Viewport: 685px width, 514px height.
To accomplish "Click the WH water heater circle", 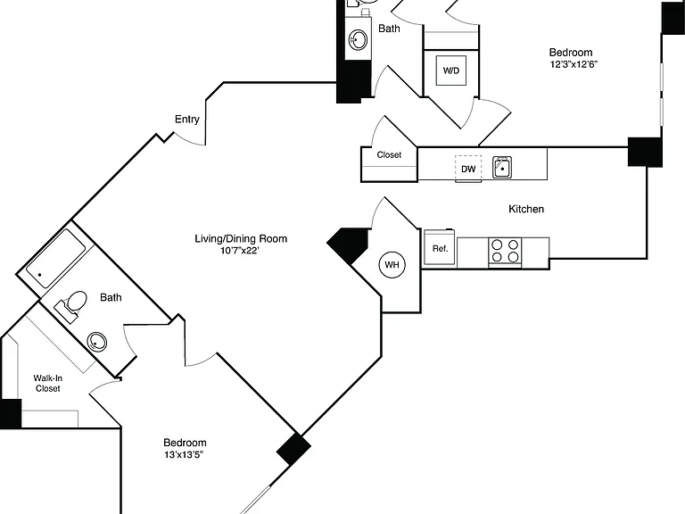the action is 392,264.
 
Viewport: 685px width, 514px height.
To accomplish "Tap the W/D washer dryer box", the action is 451,70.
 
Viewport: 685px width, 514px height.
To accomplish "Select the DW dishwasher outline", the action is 468,169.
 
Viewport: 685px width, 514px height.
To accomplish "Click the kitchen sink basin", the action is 502,168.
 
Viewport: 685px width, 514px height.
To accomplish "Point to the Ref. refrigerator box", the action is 441,248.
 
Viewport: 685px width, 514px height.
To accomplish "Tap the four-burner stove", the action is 505,251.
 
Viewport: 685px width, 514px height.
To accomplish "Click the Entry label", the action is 187,120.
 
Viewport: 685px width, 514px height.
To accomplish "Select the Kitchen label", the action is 526,209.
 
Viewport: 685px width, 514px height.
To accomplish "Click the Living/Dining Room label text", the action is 241,238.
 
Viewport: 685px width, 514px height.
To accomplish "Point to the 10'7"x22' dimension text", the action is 240,251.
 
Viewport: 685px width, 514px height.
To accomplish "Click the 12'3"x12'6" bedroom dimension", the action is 574,64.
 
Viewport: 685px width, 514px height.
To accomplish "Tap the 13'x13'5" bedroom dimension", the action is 184,454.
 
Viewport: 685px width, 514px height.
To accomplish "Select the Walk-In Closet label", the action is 47,384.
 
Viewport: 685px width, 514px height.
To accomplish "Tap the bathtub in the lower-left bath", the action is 55,258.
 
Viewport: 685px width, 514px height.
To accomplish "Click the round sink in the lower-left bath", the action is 97,342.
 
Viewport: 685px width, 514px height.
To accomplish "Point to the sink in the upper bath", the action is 358,40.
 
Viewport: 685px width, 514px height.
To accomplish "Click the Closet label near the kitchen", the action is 389,154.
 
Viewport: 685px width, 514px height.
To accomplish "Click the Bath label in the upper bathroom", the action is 389,29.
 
